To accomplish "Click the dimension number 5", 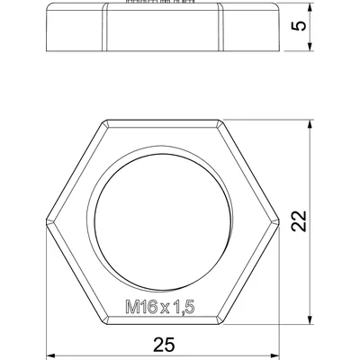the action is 300,25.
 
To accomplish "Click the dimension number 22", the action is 300,221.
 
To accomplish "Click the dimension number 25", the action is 164,345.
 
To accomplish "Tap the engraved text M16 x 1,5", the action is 160,308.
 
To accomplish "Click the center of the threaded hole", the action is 163,222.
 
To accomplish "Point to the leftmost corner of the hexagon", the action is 46,222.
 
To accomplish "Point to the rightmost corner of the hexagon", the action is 279,222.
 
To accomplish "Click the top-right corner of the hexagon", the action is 220,120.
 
